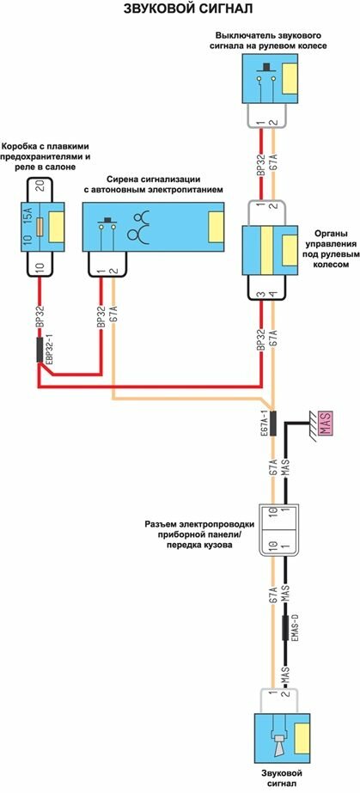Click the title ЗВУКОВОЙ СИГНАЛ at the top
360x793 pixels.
click(x=181, y=9)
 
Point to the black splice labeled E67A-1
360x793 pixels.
click(x=272, y=423)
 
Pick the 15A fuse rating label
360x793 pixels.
click(x=28, y=222)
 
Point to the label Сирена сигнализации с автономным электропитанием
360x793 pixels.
click(x=153, y=185)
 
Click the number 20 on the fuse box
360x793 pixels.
click(x=41, y=187)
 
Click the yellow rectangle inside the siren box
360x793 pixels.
click(x=217, y=226)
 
